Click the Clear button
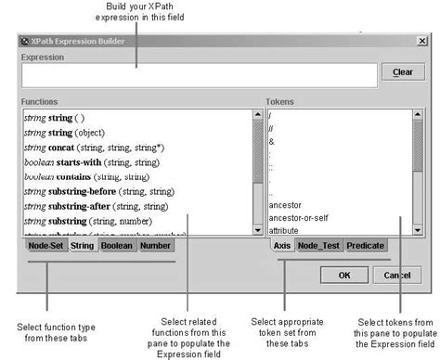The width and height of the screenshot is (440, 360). tap(402, 72)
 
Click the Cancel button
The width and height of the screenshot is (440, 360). tap(396, 276)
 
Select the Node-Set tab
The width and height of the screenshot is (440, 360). tap(45, 247)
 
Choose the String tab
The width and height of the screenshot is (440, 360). tap(83, 247)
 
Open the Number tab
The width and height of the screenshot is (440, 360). tap(155, 247)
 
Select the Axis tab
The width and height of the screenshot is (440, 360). tap(282, 246)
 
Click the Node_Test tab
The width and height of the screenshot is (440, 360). tap(318, 246)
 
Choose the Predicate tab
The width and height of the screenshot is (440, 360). tap(365, 246)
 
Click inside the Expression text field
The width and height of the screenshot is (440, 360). tap(195, 74)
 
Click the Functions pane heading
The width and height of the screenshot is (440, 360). tap(42, 99)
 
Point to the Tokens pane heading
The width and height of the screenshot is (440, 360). tap(280, 99)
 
